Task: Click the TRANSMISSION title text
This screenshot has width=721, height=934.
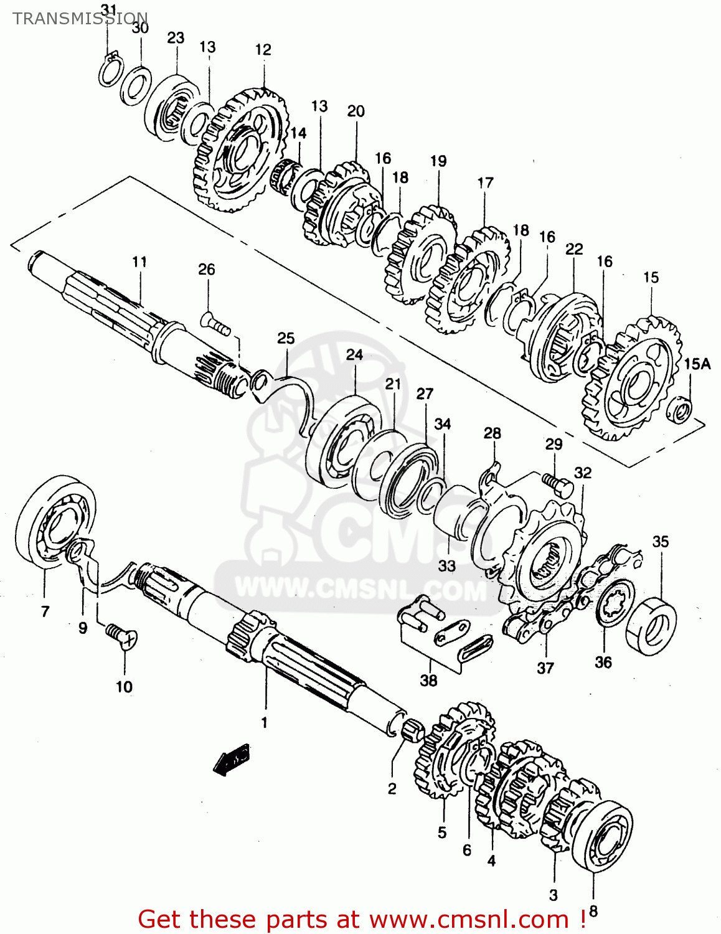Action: [80, 18]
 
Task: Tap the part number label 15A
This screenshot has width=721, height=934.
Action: [697, 364]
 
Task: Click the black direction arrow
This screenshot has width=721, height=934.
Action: [231, 759]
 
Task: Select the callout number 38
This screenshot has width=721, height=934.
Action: [428, 680]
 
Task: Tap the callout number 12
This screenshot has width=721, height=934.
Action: [263, 49]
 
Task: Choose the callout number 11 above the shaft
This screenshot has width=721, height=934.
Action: [139, 262]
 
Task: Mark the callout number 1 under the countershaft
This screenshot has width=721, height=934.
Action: [264, 722]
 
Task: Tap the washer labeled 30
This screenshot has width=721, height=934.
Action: [135, 84]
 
